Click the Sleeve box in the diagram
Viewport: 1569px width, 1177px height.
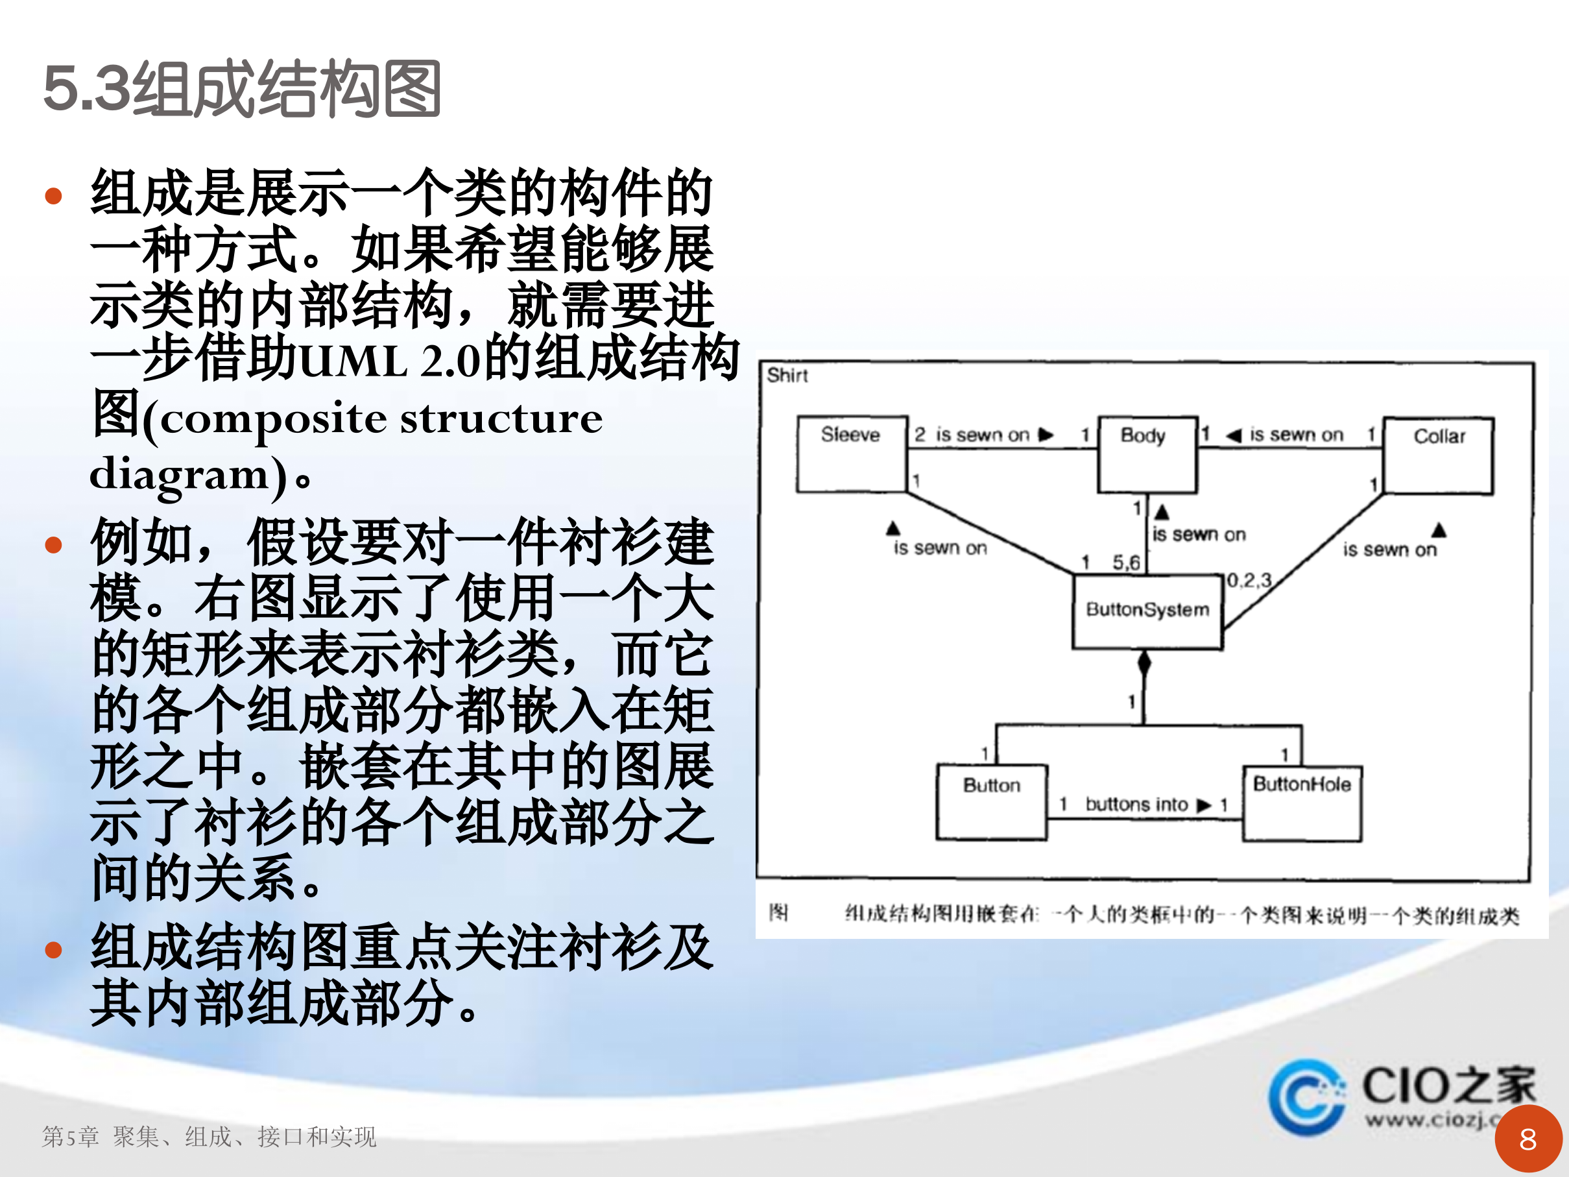[x=852, y=454]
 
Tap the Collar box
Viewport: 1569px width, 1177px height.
[x=1439, y=455]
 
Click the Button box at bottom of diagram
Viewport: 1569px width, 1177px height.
[x=992, y=802]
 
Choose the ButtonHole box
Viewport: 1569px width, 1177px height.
[x=1302, y=803]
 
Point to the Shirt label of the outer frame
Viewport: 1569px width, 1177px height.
[x=787, y=375]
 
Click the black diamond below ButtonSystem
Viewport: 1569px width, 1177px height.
[x=1144, y=663]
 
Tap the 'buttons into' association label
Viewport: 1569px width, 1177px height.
[x=1136, y=804]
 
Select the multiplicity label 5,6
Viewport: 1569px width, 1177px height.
[x=1126, y=563]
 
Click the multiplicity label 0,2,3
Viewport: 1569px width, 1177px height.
[x=1249, y=580]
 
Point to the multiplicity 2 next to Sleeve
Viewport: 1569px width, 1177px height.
[x=919, y=434]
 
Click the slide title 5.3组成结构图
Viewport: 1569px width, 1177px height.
[x=242, y=89]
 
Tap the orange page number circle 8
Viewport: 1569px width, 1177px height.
[x=1527, y=1139]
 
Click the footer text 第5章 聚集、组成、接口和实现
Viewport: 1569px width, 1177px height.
[x=210, y=1137]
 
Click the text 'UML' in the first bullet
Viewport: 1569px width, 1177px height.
[x=353, y=360]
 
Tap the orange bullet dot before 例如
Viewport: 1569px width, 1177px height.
[x=53, y=545]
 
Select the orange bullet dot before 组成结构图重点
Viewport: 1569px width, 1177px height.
[x=53, y=949]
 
